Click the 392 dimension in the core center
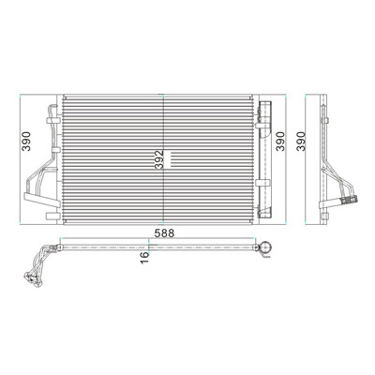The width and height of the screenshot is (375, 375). coord(159,160)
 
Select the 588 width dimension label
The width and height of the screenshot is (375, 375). coord(164,233)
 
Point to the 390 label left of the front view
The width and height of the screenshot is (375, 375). coord(27,142)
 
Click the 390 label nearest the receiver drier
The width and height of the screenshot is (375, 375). coord(280,142)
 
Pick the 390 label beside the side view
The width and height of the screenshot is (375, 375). coord(300,142)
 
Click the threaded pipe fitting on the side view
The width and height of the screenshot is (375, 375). coord(350,199)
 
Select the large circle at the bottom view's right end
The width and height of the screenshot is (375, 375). coord(266,247)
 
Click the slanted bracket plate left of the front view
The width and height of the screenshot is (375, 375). coord(42,201)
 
